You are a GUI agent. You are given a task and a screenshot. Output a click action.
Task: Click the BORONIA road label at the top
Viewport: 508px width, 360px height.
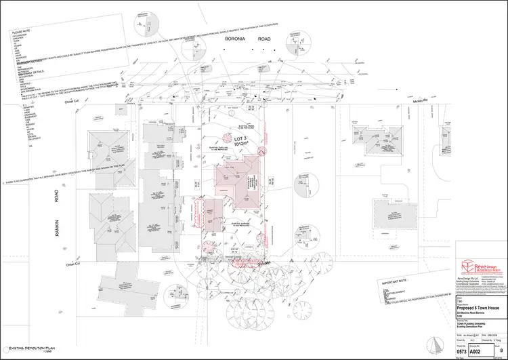tap(232, 39)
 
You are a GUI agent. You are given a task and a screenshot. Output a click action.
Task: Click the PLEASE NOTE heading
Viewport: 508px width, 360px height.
tap(22, 31)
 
